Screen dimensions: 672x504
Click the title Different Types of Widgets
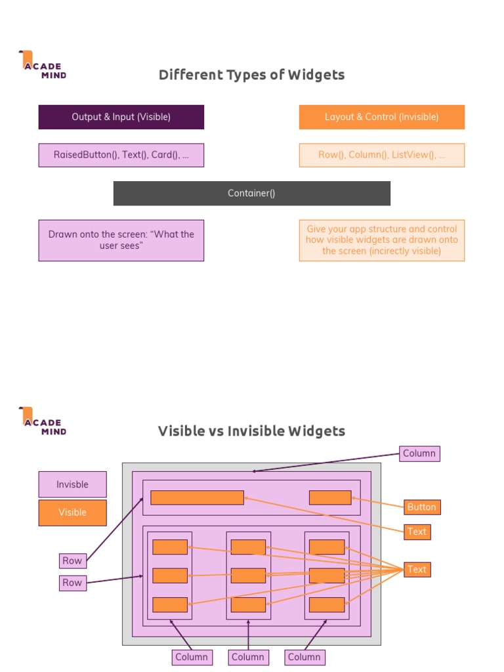pos(251,75)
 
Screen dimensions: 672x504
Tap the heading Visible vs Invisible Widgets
pos(251,431)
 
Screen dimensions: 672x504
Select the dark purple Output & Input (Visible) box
pos(121,117)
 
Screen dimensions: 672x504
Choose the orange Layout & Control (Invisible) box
pos(381,117)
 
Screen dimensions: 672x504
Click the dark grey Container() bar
pos(251,193)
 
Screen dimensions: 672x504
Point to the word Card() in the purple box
pos(165,155)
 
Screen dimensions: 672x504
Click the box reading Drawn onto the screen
pos(121,240)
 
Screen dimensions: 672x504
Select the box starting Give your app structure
pos(381,240)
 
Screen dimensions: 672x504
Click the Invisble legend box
pos(72,484)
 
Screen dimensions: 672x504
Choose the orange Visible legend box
pos(72,513)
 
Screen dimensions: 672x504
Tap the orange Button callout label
pos(421,507)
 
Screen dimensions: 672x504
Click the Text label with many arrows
pos(417,569)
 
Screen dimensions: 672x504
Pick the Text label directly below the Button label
pos(417,532)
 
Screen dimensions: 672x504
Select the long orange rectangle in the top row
pos(197,497)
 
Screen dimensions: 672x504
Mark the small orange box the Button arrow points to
pos(330,497)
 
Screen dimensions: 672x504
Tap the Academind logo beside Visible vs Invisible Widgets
pos(43,421)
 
